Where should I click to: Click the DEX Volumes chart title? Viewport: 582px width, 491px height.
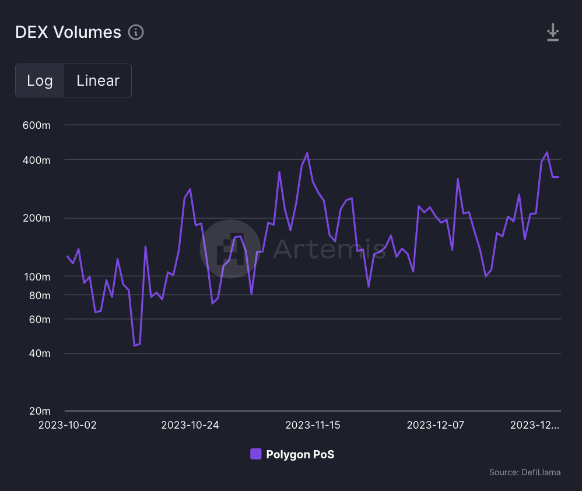tap(68, 33)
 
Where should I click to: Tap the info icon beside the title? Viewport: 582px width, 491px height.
tap(136, 33)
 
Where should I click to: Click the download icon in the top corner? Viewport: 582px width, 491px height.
tap(553, 33)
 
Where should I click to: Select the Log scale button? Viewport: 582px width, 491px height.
tap(40, 80)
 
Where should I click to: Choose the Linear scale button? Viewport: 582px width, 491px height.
tap(98, 80)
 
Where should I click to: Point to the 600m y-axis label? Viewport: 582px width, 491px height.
tap(36, 125)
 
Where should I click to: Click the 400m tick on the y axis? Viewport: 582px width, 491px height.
tap(36, 160)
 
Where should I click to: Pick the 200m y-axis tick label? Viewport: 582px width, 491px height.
tap(36, 218)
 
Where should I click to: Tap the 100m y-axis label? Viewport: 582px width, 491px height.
tap(36, 276)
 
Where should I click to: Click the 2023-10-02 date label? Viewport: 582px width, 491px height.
tap(68, 425)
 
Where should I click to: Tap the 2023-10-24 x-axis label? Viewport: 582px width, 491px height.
tap(190, 425)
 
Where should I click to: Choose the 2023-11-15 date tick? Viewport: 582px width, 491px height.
tap(313, 425)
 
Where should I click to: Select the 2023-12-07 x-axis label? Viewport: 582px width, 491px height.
tap(435, 425)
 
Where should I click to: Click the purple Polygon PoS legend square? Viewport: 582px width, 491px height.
tap(255, 454)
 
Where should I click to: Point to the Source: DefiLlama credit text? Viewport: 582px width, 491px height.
tap(525, 472)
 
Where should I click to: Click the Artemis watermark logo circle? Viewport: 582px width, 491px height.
tap(230, 248)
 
